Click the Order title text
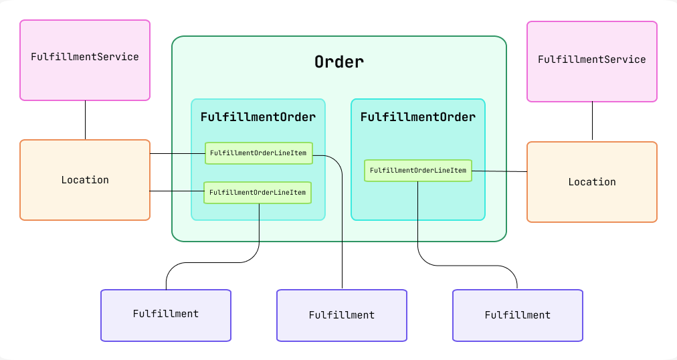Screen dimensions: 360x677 pos(339,62)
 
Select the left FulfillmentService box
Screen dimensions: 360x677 pos(85,60)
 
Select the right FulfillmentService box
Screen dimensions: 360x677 pos(592,62)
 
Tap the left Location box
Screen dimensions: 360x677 pos(85,180)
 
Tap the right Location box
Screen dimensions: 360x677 pos(592,182)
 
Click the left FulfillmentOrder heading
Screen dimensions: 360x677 pos(258,117)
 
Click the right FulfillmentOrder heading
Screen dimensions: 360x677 pos(418,117)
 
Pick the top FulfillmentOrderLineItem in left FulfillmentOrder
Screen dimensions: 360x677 pos(258,153)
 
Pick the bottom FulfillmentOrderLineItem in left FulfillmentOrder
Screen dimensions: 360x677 pos(258,193)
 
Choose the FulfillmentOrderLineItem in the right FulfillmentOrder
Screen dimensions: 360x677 pos(418,171)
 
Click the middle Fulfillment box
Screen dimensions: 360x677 pos(342,315)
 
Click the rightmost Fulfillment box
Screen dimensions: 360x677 pos(518,315)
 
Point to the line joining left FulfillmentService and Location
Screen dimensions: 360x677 pos(85,120)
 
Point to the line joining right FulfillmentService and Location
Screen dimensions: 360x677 pos(592,121)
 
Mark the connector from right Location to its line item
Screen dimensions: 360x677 pos(499,171)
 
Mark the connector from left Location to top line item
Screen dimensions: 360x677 pos(177,154)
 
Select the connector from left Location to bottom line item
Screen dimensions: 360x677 pos(177,191)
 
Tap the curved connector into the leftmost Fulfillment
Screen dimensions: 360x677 pos(201,263)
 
